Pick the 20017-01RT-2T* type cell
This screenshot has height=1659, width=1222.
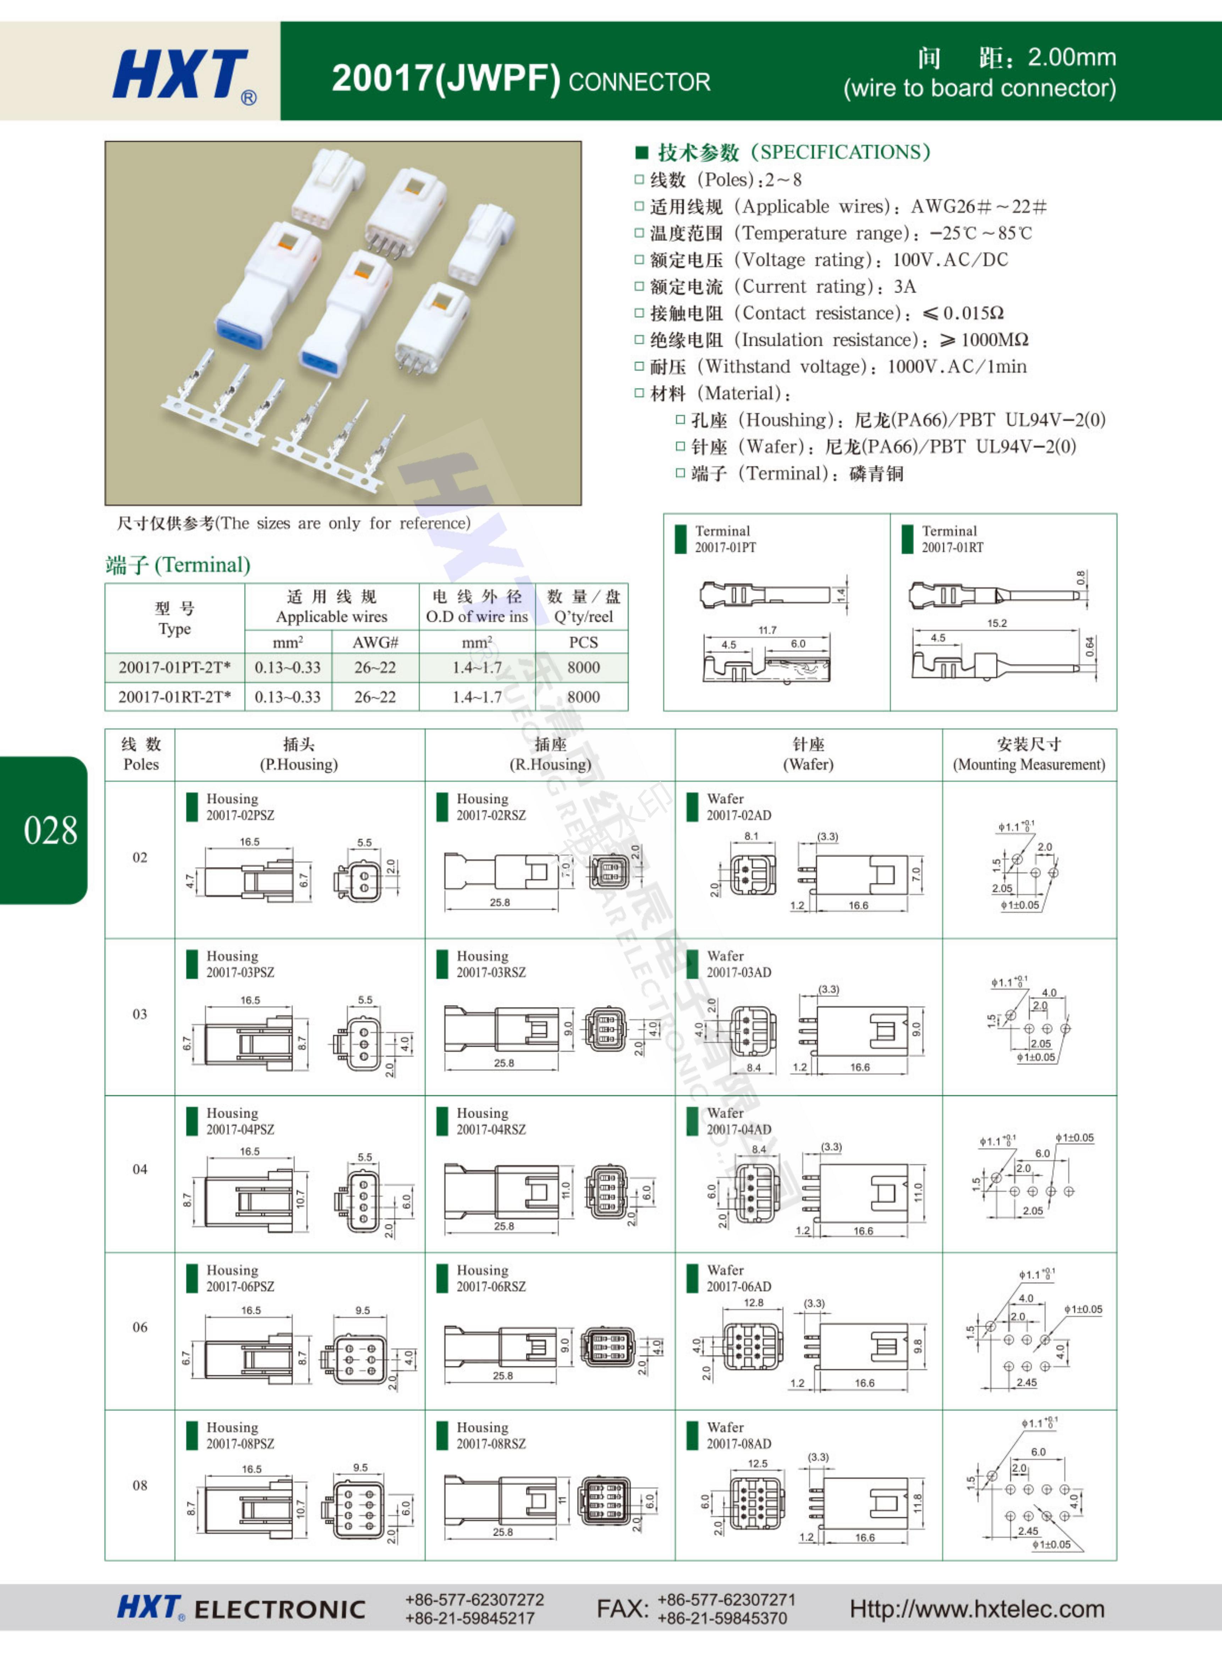[x=175, y=697]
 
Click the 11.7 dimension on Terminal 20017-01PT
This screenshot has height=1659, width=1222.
[x=767, y=630]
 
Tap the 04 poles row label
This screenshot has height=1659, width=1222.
[x=140, y=1169]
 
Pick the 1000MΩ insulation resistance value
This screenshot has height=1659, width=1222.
[x=994, y=340]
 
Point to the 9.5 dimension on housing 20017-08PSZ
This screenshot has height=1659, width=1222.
[x=360, y=1467]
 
